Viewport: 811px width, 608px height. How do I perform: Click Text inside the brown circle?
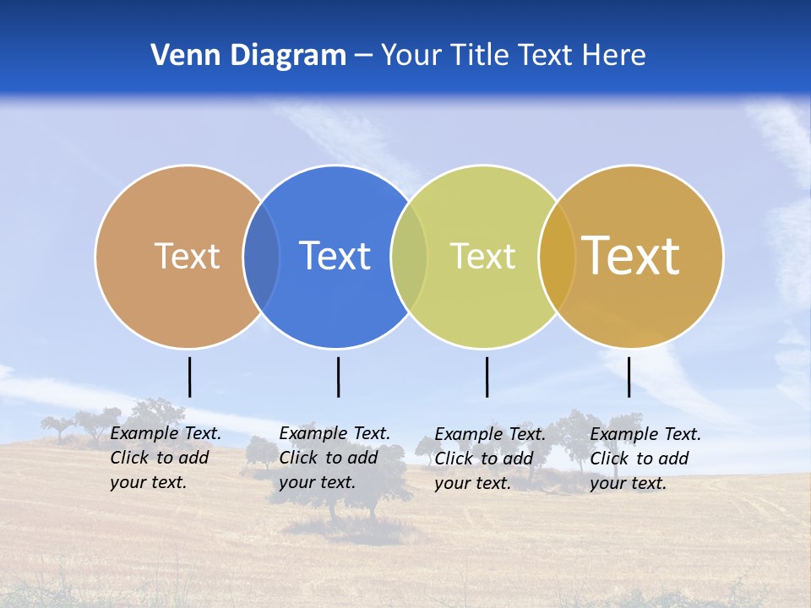click(187, 256)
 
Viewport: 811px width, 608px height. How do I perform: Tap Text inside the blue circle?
click(335, 256)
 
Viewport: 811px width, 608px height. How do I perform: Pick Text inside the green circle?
click(482, 256)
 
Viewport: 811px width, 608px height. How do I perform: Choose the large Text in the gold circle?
click(630, 255)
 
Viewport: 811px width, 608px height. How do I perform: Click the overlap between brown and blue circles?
click(261, 256)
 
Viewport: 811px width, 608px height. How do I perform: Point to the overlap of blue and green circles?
click(409, 256)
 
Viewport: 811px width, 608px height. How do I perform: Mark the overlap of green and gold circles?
click(557, 256)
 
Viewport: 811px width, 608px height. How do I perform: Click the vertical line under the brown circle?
click(190, 377)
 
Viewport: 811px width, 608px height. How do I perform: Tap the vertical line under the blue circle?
click(338, 377)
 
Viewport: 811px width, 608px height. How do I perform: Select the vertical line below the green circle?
click(487, 377)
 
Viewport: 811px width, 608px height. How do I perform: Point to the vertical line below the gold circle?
click(629, 377)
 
